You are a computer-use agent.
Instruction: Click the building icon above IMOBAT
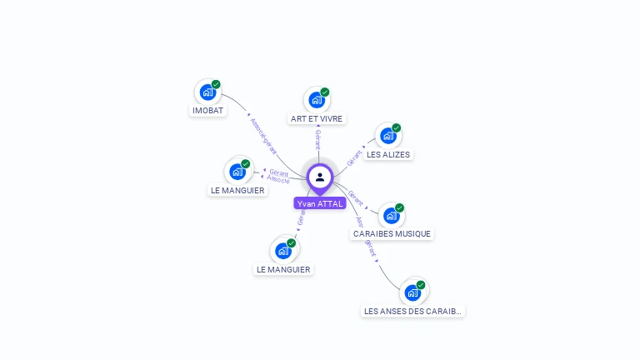207,92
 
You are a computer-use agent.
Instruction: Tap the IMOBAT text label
208,111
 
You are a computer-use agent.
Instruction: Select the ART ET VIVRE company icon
316,100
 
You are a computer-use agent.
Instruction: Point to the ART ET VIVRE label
317,119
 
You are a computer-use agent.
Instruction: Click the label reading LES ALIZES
388,155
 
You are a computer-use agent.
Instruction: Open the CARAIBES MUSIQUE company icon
391,216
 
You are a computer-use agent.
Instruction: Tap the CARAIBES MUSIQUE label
392,234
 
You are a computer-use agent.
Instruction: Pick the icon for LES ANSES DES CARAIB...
412,292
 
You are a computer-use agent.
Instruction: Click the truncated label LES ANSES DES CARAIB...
412,312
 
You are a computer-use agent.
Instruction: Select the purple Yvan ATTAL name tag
320,203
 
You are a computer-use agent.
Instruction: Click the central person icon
320,177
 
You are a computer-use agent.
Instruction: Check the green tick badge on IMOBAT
216,84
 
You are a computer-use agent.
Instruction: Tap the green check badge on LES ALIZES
397,127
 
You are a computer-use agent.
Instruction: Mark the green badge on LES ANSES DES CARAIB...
421,284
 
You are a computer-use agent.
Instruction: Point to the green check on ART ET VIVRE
325,92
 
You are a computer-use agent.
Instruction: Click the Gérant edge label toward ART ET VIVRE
317,139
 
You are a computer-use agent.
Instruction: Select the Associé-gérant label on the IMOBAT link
262,134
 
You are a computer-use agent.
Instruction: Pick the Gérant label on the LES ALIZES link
353,156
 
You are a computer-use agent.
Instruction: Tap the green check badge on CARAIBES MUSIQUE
400,207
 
